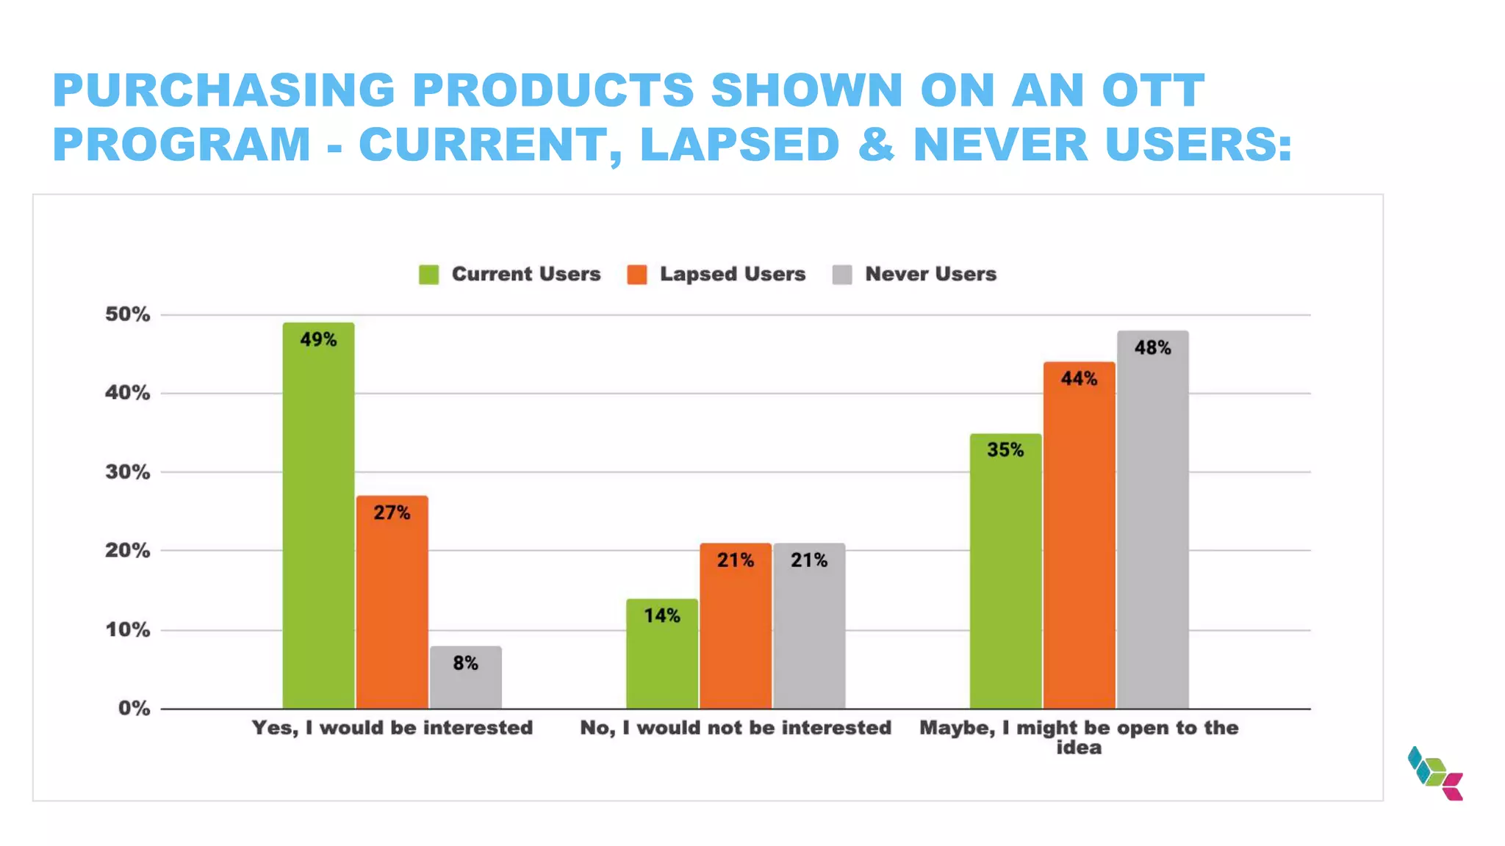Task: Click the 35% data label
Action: coord(1005,449)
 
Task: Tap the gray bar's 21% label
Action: coord(808,560)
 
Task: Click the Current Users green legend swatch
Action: coord(428,275)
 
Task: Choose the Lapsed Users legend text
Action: coord(732,274)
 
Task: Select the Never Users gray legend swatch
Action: coord(842,275)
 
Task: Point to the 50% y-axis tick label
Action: coord(127,314)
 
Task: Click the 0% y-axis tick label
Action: coord(134,708)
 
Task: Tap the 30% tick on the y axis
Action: coord(127,471)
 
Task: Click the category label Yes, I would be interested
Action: coord(392,728)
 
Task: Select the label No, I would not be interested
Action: coord(735,728)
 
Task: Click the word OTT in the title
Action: coord(1153,90)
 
